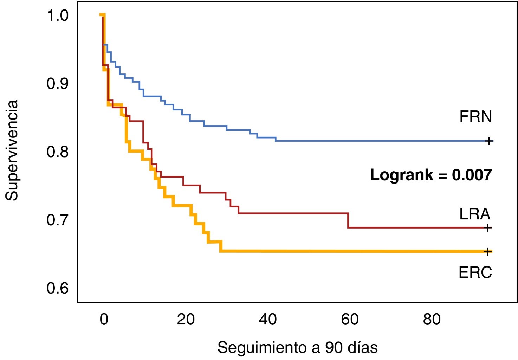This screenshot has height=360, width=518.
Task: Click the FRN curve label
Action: click(475, 117)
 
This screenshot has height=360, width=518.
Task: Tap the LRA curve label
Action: click(474, 214)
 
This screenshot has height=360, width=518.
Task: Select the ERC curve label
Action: click(475, 272)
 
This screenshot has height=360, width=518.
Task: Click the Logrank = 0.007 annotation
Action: click(431, 175)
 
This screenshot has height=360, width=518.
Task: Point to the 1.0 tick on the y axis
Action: click(57, 16)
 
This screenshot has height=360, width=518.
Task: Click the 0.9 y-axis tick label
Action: click(57, 84)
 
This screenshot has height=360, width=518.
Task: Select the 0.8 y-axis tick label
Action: click(57, 152)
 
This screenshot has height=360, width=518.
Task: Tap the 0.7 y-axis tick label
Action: click(57, 220)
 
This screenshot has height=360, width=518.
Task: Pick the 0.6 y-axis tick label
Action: click(57, 288)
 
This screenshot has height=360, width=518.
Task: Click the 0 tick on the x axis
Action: click(104, 319)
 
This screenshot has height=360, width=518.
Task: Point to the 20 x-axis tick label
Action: click(186, 319)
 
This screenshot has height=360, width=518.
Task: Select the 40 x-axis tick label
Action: click(268, 319)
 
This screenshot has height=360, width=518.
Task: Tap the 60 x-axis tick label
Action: click(350, 319)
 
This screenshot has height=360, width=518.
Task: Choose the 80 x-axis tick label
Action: click(432, 319)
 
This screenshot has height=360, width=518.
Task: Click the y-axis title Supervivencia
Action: click(12, 150)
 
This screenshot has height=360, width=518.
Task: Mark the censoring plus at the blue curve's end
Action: click(488, 141)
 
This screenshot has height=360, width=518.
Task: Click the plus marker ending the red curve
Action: click(487, 228)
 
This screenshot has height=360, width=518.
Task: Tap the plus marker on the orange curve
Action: click(487, 251)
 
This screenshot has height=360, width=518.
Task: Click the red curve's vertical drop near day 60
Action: click(348, 220)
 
